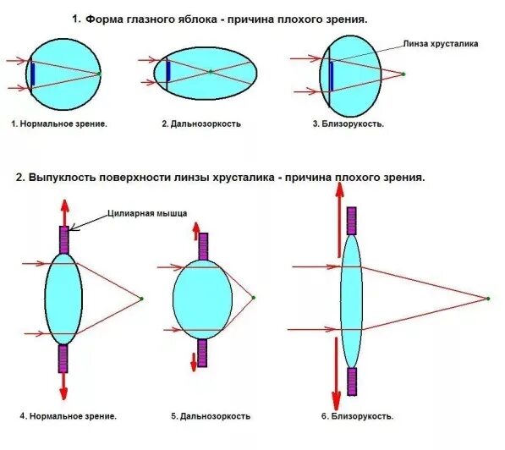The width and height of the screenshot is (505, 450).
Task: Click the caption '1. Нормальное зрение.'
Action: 59,123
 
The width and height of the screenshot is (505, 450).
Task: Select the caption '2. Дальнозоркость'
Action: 201,123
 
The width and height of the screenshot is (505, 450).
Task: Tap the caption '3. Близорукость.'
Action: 349,123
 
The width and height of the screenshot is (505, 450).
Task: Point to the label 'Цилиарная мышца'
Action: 147,214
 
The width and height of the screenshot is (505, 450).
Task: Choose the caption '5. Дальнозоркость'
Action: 211,416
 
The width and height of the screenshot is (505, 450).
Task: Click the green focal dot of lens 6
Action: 488,298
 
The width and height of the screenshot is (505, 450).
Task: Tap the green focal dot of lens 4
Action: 141,298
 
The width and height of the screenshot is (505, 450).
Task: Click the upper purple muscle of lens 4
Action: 63,239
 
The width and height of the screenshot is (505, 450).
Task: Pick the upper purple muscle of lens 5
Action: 203,246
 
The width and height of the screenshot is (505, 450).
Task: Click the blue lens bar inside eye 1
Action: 31,74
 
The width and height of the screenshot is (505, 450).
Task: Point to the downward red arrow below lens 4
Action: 63,385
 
